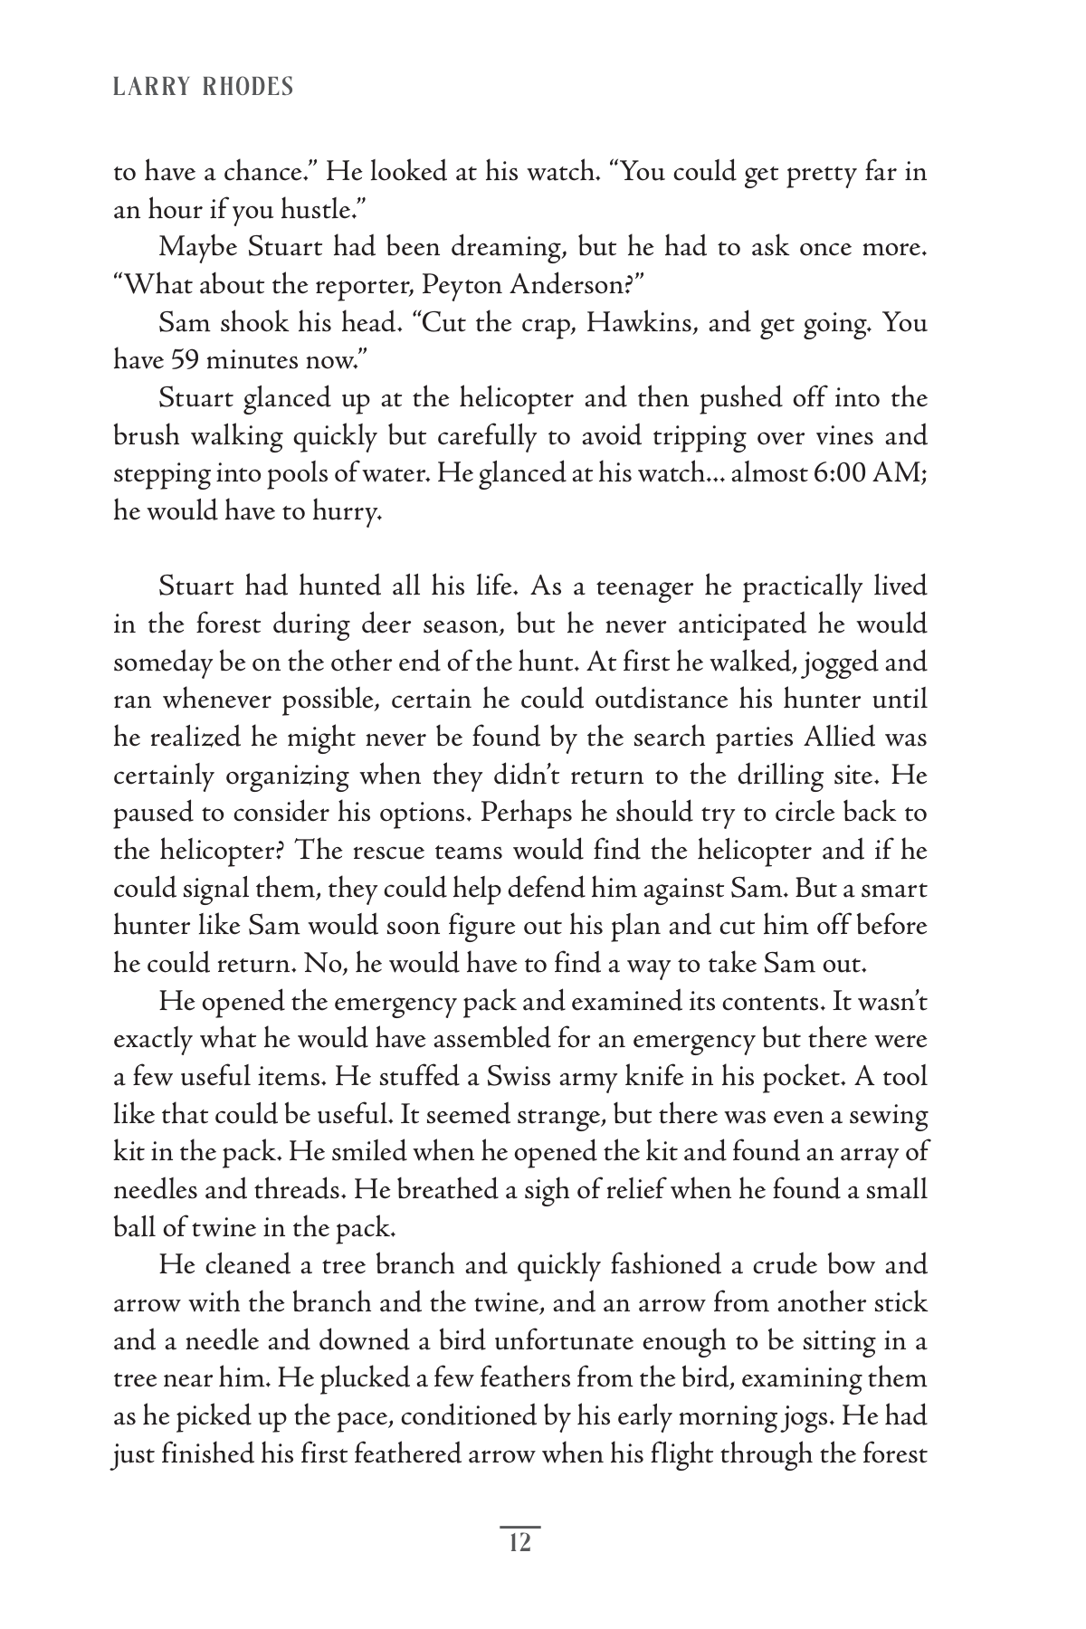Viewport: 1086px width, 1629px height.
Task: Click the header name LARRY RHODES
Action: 204,87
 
